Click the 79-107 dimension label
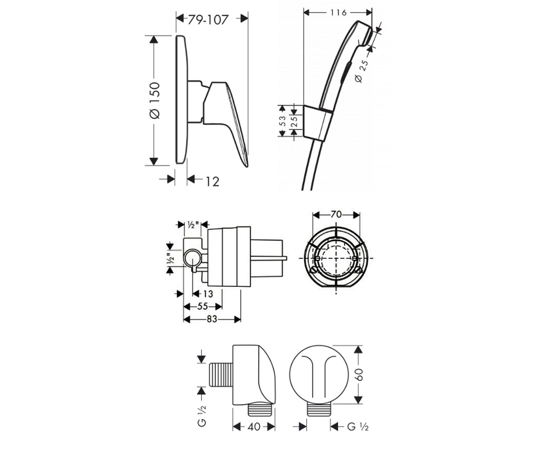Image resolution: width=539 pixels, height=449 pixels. pos(208,20)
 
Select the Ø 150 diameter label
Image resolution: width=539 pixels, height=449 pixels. pos(155,101)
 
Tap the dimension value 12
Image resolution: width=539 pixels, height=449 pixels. pos(212,182)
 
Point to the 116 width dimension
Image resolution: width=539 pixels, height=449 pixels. pos(338,13)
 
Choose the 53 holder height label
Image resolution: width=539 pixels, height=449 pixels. pos(283,121)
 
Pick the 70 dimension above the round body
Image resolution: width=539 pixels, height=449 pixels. pos(336,215)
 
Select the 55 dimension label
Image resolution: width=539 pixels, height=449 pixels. pos(203,306)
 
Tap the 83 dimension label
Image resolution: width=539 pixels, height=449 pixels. pos(212,319)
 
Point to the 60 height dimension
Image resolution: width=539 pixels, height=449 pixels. pos(358,374)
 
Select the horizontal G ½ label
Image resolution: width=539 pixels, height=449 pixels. pos(358,427)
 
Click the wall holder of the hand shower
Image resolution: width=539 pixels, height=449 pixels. pos(317,123)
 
